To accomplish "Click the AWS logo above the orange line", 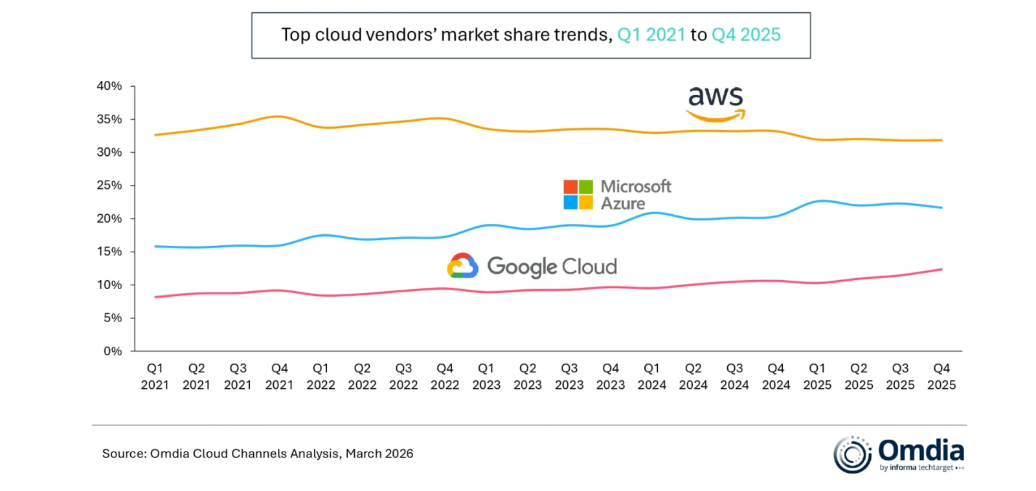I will tap(715, 104).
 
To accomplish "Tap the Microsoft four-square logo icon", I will tap(578, 195).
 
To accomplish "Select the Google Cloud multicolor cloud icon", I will tap(462, 266).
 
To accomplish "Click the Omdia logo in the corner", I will tap(898, 455).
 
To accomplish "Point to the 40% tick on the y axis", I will tap(109, 86).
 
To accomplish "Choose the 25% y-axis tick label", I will tap(109, 186).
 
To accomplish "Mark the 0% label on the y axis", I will tap(112, 351).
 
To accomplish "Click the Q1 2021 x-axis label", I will tap(155, 376).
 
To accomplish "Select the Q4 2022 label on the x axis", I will tap(445, 376).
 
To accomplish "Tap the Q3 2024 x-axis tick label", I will tap(734, 376).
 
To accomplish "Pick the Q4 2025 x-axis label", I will tap(941, 376).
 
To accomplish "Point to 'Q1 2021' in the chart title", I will tap(651, 35).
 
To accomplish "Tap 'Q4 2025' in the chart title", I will tap(746, 35).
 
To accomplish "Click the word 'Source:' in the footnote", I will tap(124, 453).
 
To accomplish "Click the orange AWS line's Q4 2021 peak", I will tap(279, 116).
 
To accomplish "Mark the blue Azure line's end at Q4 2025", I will tap(941, 208).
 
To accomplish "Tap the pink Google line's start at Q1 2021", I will tap(155, 297).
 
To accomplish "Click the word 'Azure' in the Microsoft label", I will tap(623, 204).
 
